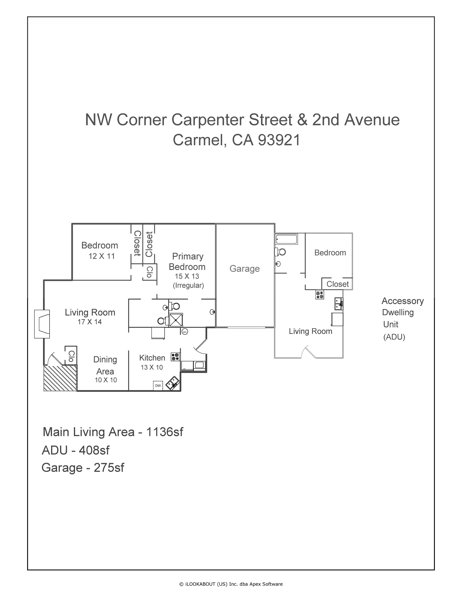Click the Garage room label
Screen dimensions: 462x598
pyautogui.click(x=244, y=269)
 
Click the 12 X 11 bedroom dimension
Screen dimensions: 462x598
pyautogui.click(x=102, y=256)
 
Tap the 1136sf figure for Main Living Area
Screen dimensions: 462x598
pyautogui.click(x=165, y=432)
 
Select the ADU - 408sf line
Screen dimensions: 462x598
pyautogui.click(x=76, y=450)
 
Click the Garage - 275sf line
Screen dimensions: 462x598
pyautogui.click(x=83, y=468)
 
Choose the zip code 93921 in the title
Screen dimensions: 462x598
pyautogui.click(x=279, y=140)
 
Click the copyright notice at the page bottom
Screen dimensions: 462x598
pyautogui.click(x=231, y=584)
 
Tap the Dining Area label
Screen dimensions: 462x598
pyautogui.click(x=105, y=365)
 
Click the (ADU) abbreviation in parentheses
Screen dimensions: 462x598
pyautogui.click(x=394, y=337)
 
